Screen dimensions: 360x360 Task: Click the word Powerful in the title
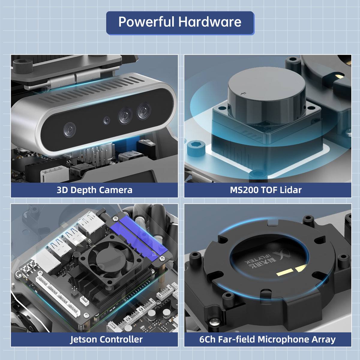point(146,22)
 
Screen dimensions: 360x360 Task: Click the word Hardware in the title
point(210,22)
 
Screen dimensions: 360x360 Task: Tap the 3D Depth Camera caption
point(94,190)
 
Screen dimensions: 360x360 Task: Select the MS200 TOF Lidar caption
point(266,190)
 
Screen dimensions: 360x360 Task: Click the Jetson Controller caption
point(106,340)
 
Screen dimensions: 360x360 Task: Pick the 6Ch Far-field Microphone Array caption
point(267,340)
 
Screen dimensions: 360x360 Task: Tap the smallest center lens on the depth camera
point(106,121)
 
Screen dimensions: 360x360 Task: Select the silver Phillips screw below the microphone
point(215,322)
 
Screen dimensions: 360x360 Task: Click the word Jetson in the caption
point(84,340)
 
